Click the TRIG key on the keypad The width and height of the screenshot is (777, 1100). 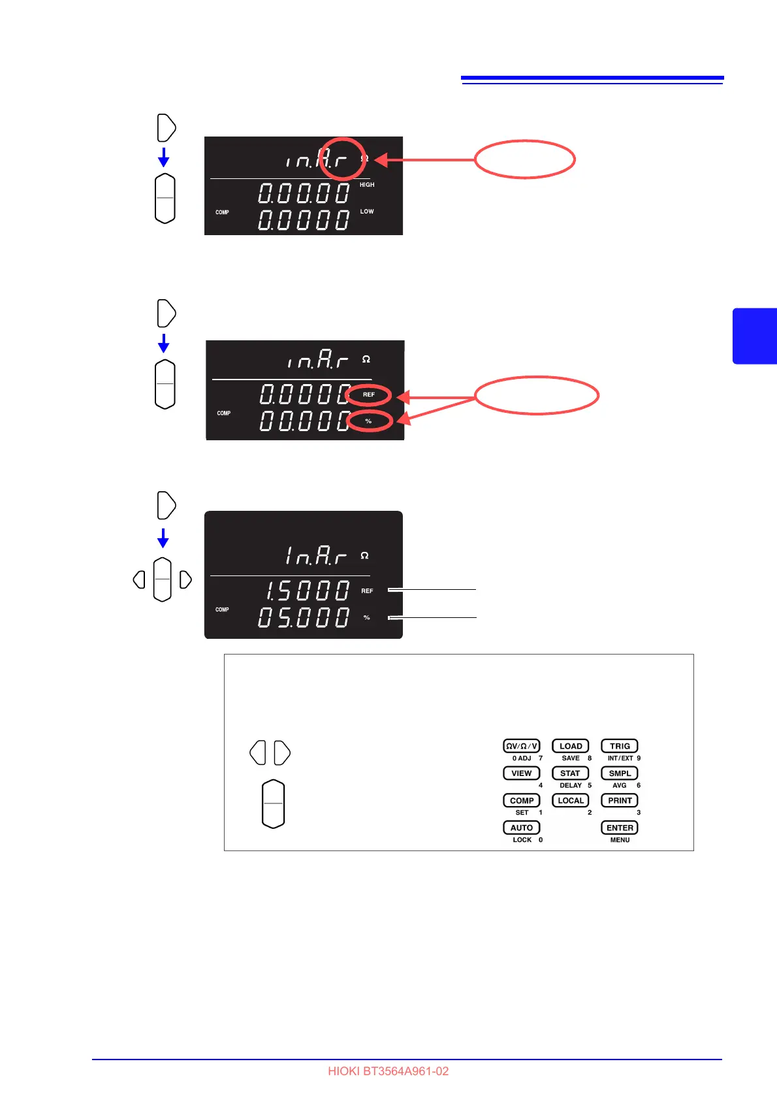[619, 746]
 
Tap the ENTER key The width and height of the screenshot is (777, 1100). [619, 828]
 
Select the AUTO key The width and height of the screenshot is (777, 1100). [521, 828]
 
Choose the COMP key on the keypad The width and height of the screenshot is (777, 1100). [521, 800]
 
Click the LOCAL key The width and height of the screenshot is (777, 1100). [570, 800]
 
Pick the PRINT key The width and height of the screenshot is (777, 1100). [619, 800]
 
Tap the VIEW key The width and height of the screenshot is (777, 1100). [521, 773]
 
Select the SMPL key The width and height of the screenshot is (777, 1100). [619, 773]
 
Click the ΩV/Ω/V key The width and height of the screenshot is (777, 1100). [521, 746]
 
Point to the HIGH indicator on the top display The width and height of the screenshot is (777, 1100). [367, 185]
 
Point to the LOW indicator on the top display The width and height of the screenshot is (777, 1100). [367, 212]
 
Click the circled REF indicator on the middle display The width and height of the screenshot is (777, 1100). [369, 395]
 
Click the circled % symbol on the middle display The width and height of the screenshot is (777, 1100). [368, 421]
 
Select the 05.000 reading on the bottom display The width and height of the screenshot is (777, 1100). [304, 617]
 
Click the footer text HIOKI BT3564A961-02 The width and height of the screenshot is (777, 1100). [388, 1071]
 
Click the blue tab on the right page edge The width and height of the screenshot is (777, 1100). [755, 336]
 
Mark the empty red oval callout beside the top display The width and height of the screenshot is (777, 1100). [524, 159]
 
